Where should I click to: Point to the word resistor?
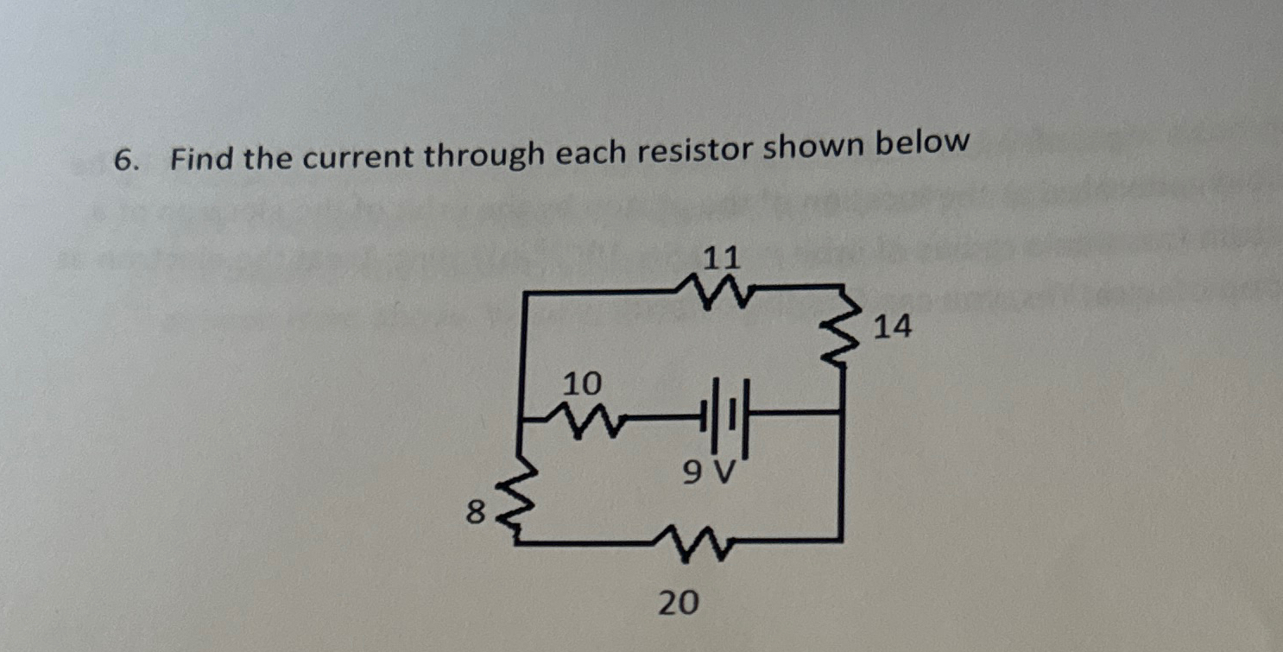695,150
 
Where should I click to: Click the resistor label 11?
722,257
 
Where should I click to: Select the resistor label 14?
893,326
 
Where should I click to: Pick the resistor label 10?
582,383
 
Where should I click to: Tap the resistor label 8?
473,513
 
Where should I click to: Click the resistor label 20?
678,603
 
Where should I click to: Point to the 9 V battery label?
707,472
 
